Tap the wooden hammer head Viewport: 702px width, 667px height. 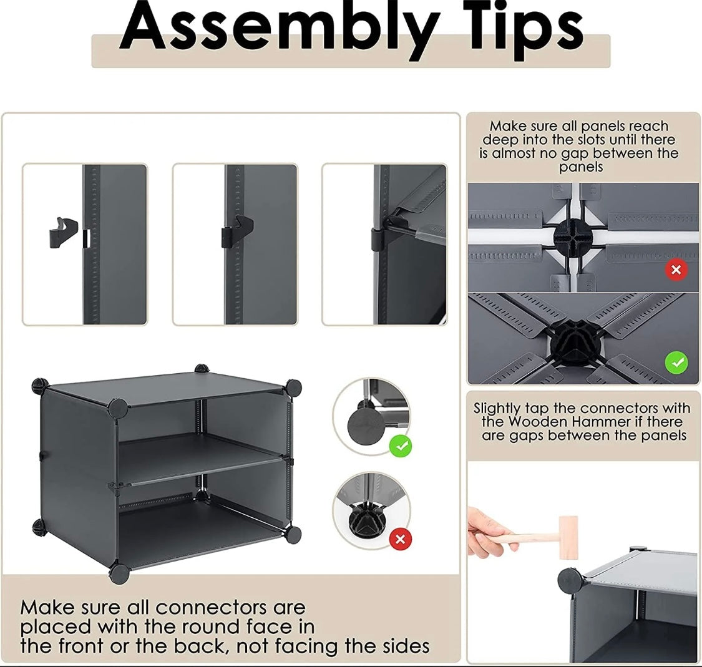568,537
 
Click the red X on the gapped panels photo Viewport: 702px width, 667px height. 676,270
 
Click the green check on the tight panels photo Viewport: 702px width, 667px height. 676,362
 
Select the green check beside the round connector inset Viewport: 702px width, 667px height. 401,446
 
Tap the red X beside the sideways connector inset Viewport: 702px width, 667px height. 401,538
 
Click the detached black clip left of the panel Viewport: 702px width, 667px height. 62,233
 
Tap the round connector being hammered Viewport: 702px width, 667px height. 570,581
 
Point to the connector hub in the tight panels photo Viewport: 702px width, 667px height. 575,339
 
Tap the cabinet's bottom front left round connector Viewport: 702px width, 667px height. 119,573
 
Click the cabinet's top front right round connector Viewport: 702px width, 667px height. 293,387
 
